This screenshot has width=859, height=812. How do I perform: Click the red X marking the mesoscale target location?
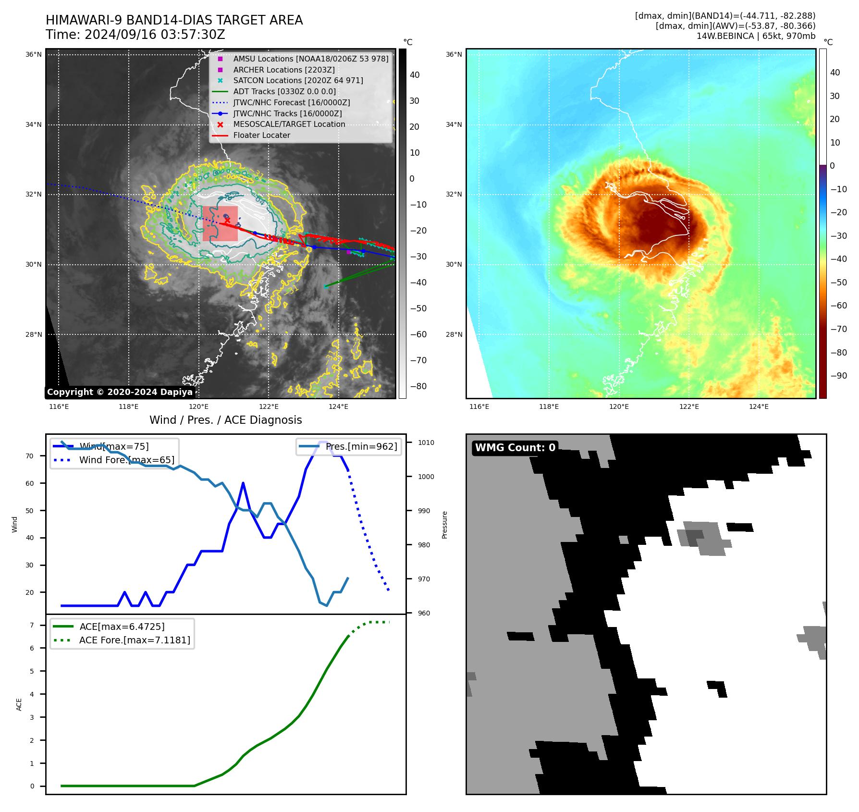coord(227,221)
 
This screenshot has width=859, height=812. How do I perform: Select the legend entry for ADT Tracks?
coord(284,91)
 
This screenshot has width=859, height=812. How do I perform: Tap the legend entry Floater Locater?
coord(261,135)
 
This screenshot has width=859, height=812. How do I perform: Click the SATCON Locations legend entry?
coord(298,80)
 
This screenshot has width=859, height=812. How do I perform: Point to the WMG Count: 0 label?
coord(515,448)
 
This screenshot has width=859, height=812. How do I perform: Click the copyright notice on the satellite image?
coord(120,392)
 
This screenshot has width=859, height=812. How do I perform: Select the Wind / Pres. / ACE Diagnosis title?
coord(225,420)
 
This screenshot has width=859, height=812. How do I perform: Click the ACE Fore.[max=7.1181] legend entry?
coord(135,640)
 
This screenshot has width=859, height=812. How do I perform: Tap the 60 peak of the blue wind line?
coord(244,483)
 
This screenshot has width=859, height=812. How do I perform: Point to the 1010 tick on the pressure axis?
coord(426,443)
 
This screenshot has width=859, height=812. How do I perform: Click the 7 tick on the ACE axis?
coord(32,625)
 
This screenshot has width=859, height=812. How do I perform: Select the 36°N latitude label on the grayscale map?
coord(34,55)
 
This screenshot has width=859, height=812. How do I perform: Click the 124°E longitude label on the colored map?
coord(759,406)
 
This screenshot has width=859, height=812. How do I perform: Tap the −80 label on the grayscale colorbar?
coord(418,386)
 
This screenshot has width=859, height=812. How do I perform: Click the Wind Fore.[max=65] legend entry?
coord(127,460)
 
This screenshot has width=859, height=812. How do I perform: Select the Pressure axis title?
coord(445,525)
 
